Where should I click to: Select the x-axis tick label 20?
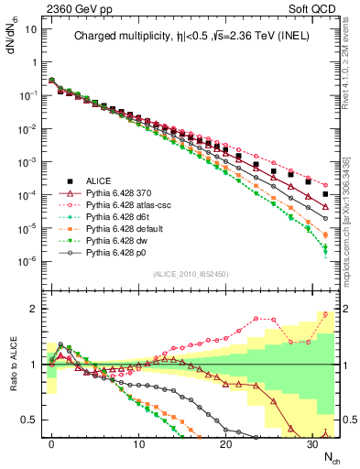pos(225,443)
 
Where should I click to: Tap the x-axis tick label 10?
pos(138,443)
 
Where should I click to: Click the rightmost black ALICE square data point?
pos(326,194)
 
